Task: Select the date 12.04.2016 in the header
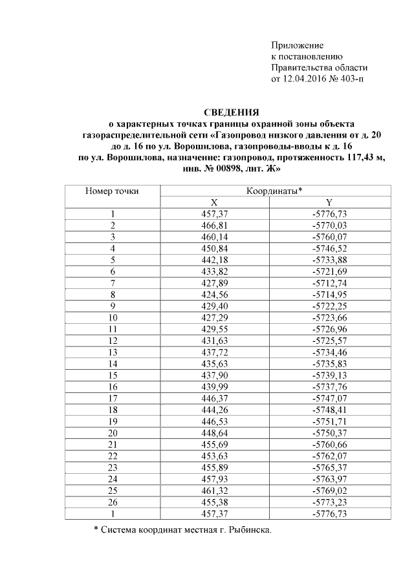pos(302,79)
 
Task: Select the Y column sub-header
pos(329,202)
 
